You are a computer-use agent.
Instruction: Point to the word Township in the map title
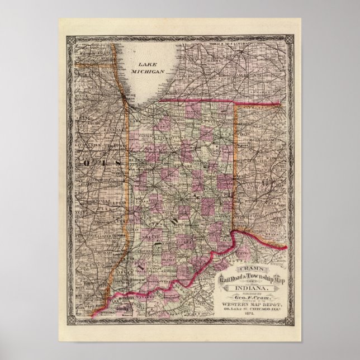pyautogui.click(x=262, y=278)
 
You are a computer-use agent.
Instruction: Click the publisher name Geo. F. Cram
pyautogui.click(x=252, y=299)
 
